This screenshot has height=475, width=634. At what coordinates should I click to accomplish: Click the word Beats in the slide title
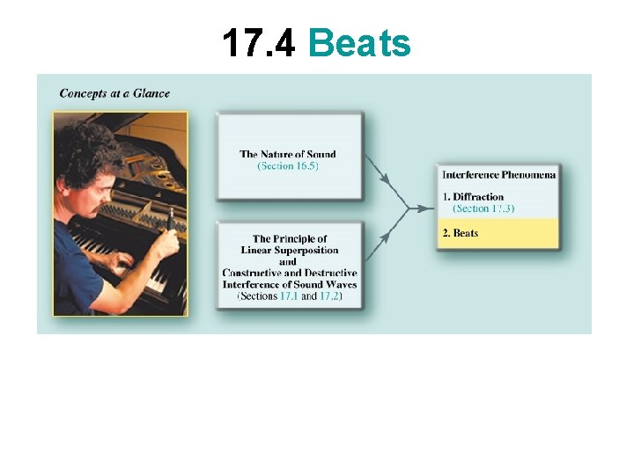tap(360, 42)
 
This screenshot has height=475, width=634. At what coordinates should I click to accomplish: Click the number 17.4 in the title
tap(259, 42)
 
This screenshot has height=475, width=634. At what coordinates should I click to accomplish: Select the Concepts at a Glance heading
tap(114, 93)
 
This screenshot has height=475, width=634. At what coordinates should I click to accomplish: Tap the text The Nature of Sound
tap(288, 154)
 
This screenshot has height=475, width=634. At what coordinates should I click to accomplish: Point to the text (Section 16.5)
tap(288, 165)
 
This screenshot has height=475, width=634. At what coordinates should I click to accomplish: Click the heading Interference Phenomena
tap(498, 174)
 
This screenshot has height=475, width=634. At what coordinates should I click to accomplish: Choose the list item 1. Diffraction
tap(473, 197)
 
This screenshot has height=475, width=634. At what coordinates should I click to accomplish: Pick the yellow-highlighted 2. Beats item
tap(461, 233)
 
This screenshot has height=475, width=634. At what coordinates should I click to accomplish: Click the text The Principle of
tap(289, 238)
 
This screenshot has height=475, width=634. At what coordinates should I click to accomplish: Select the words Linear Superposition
tap(289, 250)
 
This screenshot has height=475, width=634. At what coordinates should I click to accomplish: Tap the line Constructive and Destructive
tap(289, 273)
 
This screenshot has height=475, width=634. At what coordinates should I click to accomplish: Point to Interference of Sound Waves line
tap(289, 284)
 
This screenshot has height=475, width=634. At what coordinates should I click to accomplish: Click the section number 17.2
tap(328, 296)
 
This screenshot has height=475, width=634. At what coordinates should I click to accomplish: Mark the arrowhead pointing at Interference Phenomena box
tap(427, 208)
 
